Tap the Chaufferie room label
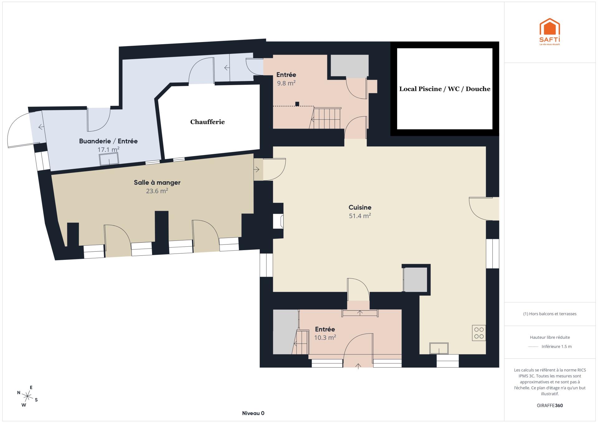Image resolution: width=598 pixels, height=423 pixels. pyautogui.click(x=207, y=122)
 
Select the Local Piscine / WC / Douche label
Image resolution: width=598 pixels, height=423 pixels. pyautogui.click(x=445, y=89)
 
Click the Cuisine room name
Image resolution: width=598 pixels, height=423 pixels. pyautogui.click(x=360, y=207)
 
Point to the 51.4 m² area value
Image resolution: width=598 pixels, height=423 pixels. pyautogui.click(x=360, y=216)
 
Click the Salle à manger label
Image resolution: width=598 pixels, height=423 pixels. pyautogui.click(x=157, y=183)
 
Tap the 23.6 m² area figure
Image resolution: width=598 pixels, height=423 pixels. pyautogui.click(x=157, y=191)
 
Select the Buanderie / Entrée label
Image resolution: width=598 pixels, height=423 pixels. pyautogui.click(x=108, y=141)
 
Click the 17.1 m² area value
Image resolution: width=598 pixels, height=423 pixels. pyautogui.click(x=108, y=150)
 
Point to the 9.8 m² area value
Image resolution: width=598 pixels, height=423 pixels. pyautogui.click(x=286, y=83)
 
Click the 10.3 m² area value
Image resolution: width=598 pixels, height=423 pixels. pyautogui.click(x=325, y=337)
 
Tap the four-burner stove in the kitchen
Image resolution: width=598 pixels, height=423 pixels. pyautogui.click(x=479, y=333)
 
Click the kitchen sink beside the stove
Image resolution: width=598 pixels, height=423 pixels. pyautogui.click(x=439, y=348)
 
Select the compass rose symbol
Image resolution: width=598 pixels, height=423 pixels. pyautogui.click(x=27, y=397)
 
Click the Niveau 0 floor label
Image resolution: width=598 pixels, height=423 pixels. pyautogui.click(x=253, y=413)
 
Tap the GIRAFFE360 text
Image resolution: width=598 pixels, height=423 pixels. pyautogui.click(x=550, y=406)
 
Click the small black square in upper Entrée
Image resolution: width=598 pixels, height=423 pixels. pyautogui.click(x=297, y=104)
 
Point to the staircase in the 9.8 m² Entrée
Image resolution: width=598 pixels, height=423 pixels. pyautogui.click(x=325, y=118)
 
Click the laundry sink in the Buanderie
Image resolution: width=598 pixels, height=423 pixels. pyautogui.click(x=109, y=159)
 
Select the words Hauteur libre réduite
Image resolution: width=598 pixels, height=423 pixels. pyautogui.click(x=550, y=337)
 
